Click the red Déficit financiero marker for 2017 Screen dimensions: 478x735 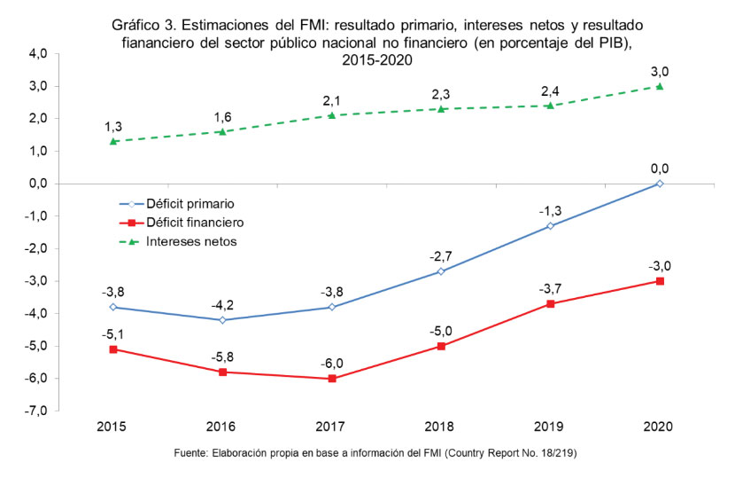[331, 379]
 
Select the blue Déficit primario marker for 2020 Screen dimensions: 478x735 [660, 184]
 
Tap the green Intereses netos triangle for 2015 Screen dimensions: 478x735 [113, 141]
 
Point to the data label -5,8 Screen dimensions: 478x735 [222, 357]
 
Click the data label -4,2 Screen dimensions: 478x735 [222, 304]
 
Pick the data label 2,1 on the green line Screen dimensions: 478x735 [331, 99]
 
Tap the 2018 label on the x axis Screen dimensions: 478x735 [441, 427]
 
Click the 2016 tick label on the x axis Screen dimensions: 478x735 [222, 427]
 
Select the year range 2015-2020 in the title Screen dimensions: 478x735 [376, 59]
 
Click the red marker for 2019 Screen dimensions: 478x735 [550, 304]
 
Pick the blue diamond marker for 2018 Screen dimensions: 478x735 [441, 271]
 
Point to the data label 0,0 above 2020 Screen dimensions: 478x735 [660, 168]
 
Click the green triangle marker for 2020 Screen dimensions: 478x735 [660, 86]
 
